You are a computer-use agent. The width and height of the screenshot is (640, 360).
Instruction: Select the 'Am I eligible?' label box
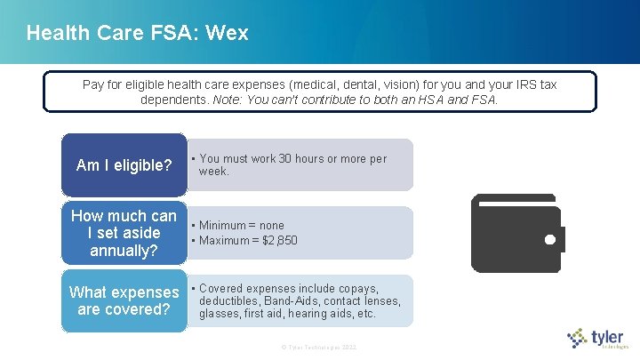coord(124,165)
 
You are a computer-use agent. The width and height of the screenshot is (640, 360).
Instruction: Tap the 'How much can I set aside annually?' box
coord(124,234)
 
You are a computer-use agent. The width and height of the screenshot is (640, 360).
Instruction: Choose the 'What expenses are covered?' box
coord(124,301)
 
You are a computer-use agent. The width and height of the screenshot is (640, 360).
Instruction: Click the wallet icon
coord(516,233)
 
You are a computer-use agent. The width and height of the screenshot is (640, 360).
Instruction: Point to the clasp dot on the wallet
coord(549,239)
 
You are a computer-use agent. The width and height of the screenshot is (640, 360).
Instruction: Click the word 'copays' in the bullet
coord(361,289)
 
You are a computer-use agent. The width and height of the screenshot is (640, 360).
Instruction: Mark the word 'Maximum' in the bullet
coord(223,241)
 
